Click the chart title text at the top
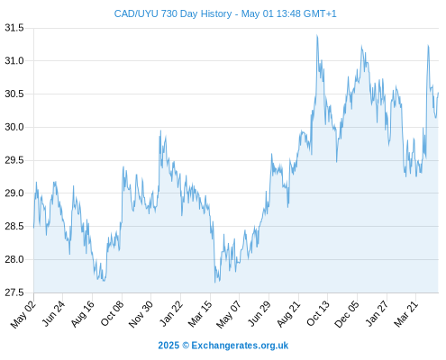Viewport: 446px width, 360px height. (225, 13)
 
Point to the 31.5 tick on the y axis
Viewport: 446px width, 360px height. (14, 28)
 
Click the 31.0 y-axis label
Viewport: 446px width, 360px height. (14, 61)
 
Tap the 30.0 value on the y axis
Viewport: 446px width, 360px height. (14, 127)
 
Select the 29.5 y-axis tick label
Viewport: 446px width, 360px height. (14, 160)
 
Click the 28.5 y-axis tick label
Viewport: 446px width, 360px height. (14, 226)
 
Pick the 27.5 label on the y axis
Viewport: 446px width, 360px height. (14, 292)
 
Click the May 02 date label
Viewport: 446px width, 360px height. (23, 314)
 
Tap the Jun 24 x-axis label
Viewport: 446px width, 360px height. (53, 313)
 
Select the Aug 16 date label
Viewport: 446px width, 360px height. (82, 314)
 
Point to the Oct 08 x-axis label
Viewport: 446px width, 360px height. (112, 313)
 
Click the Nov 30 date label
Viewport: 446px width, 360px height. (141, 314)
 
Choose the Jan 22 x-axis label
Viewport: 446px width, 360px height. (171, 313)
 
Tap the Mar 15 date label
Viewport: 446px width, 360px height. (200, 314)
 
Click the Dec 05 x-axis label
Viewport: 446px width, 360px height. (346, 314)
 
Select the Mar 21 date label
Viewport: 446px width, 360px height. (406, 314)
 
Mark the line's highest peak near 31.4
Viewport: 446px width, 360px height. (317, 35)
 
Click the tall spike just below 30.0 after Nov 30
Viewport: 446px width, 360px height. (160, 130)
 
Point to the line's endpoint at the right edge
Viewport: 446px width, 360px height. (438, 93)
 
